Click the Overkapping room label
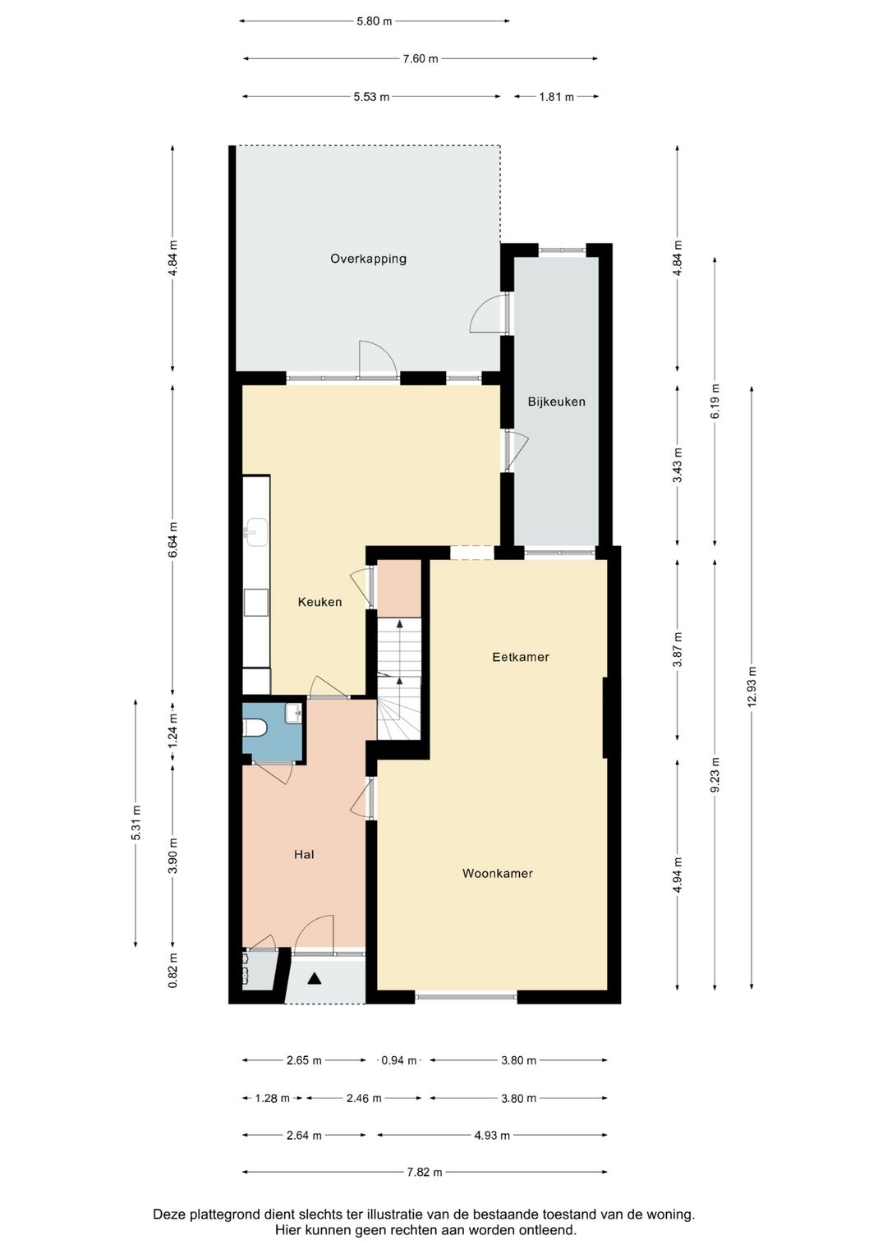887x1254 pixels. (x=368, y=259)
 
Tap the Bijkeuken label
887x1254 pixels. (x=556, y=402)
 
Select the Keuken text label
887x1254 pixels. (x=319, y=602)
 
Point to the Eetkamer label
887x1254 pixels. (x=520, y=657)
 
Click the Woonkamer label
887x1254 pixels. (x=497, y=874)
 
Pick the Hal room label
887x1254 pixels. (x=304, y=855)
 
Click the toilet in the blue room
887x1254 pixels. (x=255, y=728)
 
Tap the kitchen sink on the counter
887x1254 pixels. (x=255, y=531)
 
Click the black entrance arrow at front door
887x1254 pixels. (x=315, y=978)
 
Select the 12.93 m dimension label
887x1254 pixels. (x=752, y=687)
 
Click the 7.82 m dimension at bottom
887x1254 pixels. (x=425, y=1173)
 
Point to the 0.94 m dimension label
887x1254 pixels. (x=398, y=1061)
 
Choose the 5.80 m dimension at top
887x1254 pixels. (x=374, y=21)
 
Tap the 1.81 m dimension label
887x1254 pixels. (x=556, y=97)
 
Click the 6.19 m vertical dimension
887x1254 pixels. (x=715, y=402)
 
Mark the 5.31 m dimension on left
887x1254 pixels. (x=136, y=822)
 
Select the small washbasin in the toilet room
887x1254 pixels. (x=293, y=713)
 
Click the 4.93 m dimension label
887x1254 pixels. (x=491, y=1136)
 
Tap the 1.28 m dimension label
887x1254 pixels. (x=272, y=1099)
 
